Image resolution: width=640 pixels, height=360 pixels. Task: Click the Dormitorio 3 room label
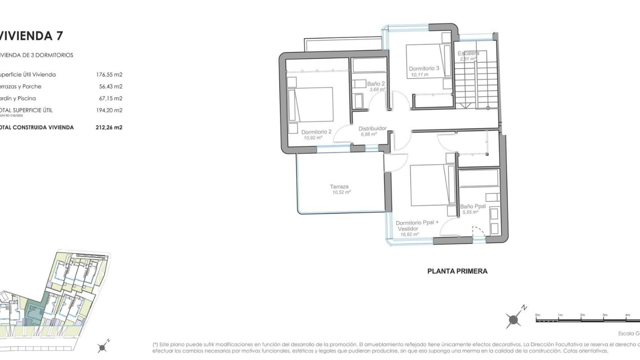click(424, 68)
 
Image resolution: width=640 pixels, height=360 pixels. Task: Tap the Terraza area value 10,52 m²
click(341, 192)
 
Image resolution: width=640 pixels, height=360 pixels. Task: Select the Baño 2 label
click(376, 84)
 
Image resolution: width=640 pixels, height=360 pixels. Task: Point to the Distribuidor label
click(372, 128)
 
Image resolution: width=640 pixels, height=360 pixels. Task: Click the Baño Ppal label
click(473, 206)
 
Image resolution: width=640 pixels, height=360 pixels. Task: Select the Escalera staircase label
click(468, 53)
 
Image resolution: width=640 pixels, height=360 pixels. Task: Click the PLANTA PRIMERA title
click(457, 271)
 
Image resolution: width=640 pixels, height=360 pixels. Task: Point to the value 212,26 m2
click(109, 127)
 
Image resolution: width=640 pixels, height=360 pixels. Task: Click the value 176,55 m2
click(109, 75)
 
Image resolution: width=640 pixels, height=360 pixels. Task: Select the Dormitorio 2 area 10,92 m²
click(313, 138)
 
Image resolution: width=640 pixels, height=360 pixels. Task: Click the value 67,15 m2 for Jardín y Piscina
click(110, 98)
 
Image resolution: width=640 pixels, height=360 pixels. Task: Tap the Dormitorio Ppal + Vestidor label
click(417, 226)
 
